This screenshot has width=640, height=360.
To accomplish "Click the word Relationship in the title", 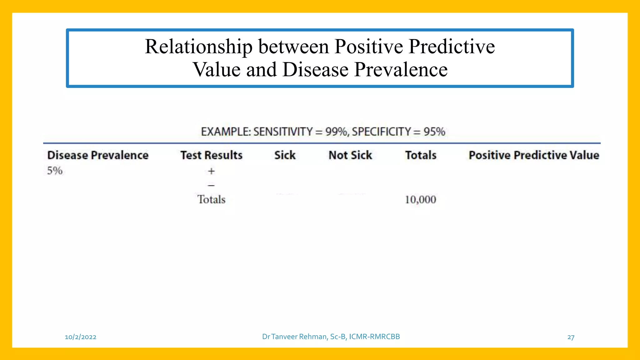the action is [199, 47].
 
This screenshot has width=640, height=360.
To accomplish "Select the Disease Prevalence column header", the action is [98, 155].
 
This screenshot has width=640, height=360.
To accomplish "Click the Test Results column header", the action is [212, 155].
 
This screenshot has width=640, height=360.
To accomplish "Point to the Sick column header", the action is [285, 155].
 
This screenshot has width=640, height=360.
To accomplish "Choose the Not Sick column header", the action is [350, 155].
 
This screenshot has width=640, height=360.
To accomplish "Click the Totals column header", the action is [421, 155].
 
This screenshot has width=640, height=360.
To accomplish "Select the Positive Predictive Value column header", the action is [534, 155].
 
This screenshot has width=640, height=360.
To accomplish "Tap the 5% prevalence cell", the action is [55, 171].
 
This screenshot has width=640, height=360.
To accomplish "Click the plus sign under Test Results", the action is [212, 171].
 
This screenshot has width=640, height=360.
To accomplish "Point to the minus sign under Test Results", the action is [212, 186].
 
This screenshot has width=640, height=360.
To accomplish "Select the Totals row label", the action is [211, 199].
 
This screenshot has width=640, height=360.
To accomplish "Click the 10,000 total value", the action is [421, 200].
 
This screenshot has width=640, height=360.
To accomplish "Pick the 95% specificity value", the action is [434, 132].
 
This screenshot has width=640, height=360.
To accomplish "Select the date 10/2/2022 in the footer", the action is [81, 337].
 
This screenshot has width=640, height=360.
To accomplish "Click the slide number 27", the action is [571, 337].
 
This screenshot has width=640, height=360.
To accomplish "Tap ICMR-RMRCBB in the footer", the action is [374, 337].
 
